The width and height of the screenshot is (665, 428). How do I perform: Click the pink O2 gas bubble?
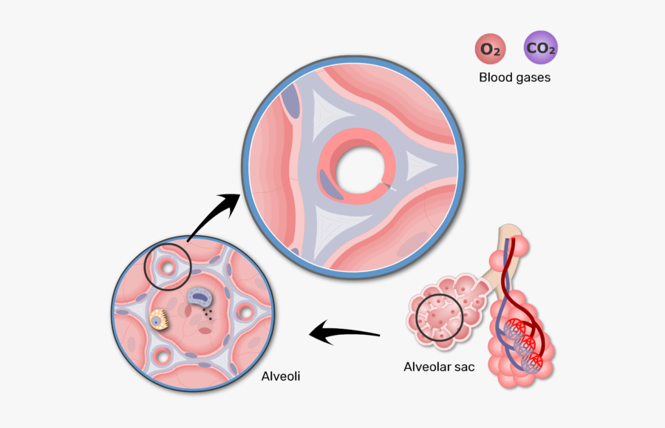click(x=490, y=50)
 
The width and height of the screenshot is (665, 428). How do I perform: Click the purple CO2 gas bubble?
click(x=540, y=50)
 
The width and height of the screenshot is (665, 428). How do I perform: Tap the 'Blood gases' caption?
click(x=514, y=77)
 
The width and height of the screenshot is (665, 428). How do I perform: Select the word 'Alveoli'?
click(x=281, y=376)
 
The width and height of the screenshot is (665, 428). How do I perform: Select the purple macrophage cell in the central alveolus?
click(x=197, y=297)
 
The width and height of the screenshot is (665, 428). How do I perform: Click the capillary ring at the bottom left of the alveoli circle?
click(x=162, y=359)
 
